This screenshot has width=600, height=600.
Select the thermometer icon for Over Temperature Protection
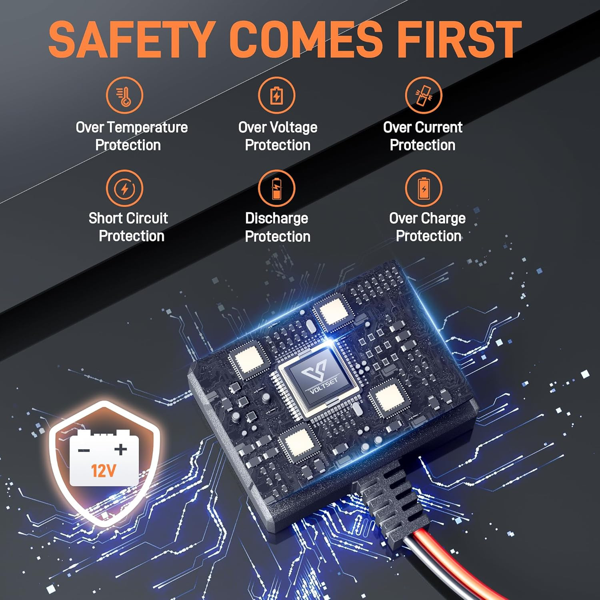coord(124,95)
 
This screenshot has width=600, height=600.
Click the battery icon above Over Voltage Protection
coord(276,95)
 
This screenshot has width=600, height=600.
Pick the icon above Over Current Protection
coord(424,95)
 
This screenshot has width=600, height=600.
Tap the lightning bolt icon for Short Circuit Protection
coord(124,188)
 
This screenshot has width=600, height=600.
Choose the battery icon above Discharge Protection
coord(276,188)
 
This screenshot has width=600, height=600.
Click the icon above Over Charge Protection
coord(424,188)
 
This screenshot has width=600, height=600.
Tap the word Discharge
coord(276,219)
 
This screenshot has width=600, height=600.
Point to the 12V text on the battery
coord(104,471)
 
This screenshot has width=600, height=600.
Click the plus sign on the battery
coord(121,449)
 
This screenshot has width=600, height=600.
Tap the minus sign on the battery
coord(84,451)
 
